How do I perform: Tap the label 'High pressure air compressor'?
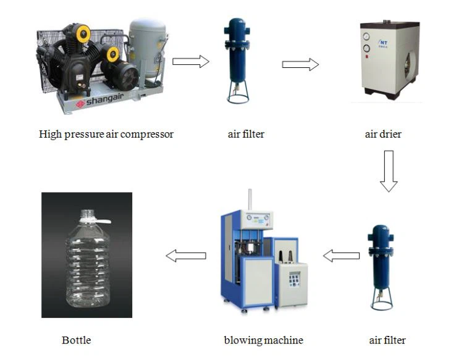[x=106, y=134]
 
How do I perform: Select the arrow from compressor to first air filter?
[x=190, y=61]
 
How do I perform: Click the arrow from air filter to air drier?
[x=300, y=64]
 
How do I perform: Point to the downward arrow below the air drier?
[x=388, y=170]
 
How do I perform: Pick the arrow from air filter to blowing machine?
[x=342, y=255]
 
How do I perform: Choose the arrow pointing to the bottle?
[x=186, y=255]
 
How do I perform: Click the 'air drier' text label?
[x=383, y=134]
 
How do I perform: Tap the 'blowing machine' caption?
[x=263, y=340]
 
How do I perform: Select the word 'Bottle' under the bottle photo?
[x=76, y=340]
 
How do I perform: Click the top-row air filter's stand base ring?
[x=237, y=99]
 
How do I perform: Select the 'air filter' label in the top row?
[x=246, y=134]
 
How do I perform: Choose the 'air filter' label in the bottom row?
[x=387, y=340]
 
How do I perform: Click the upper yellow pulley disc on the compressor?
[x=82, y=32]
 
